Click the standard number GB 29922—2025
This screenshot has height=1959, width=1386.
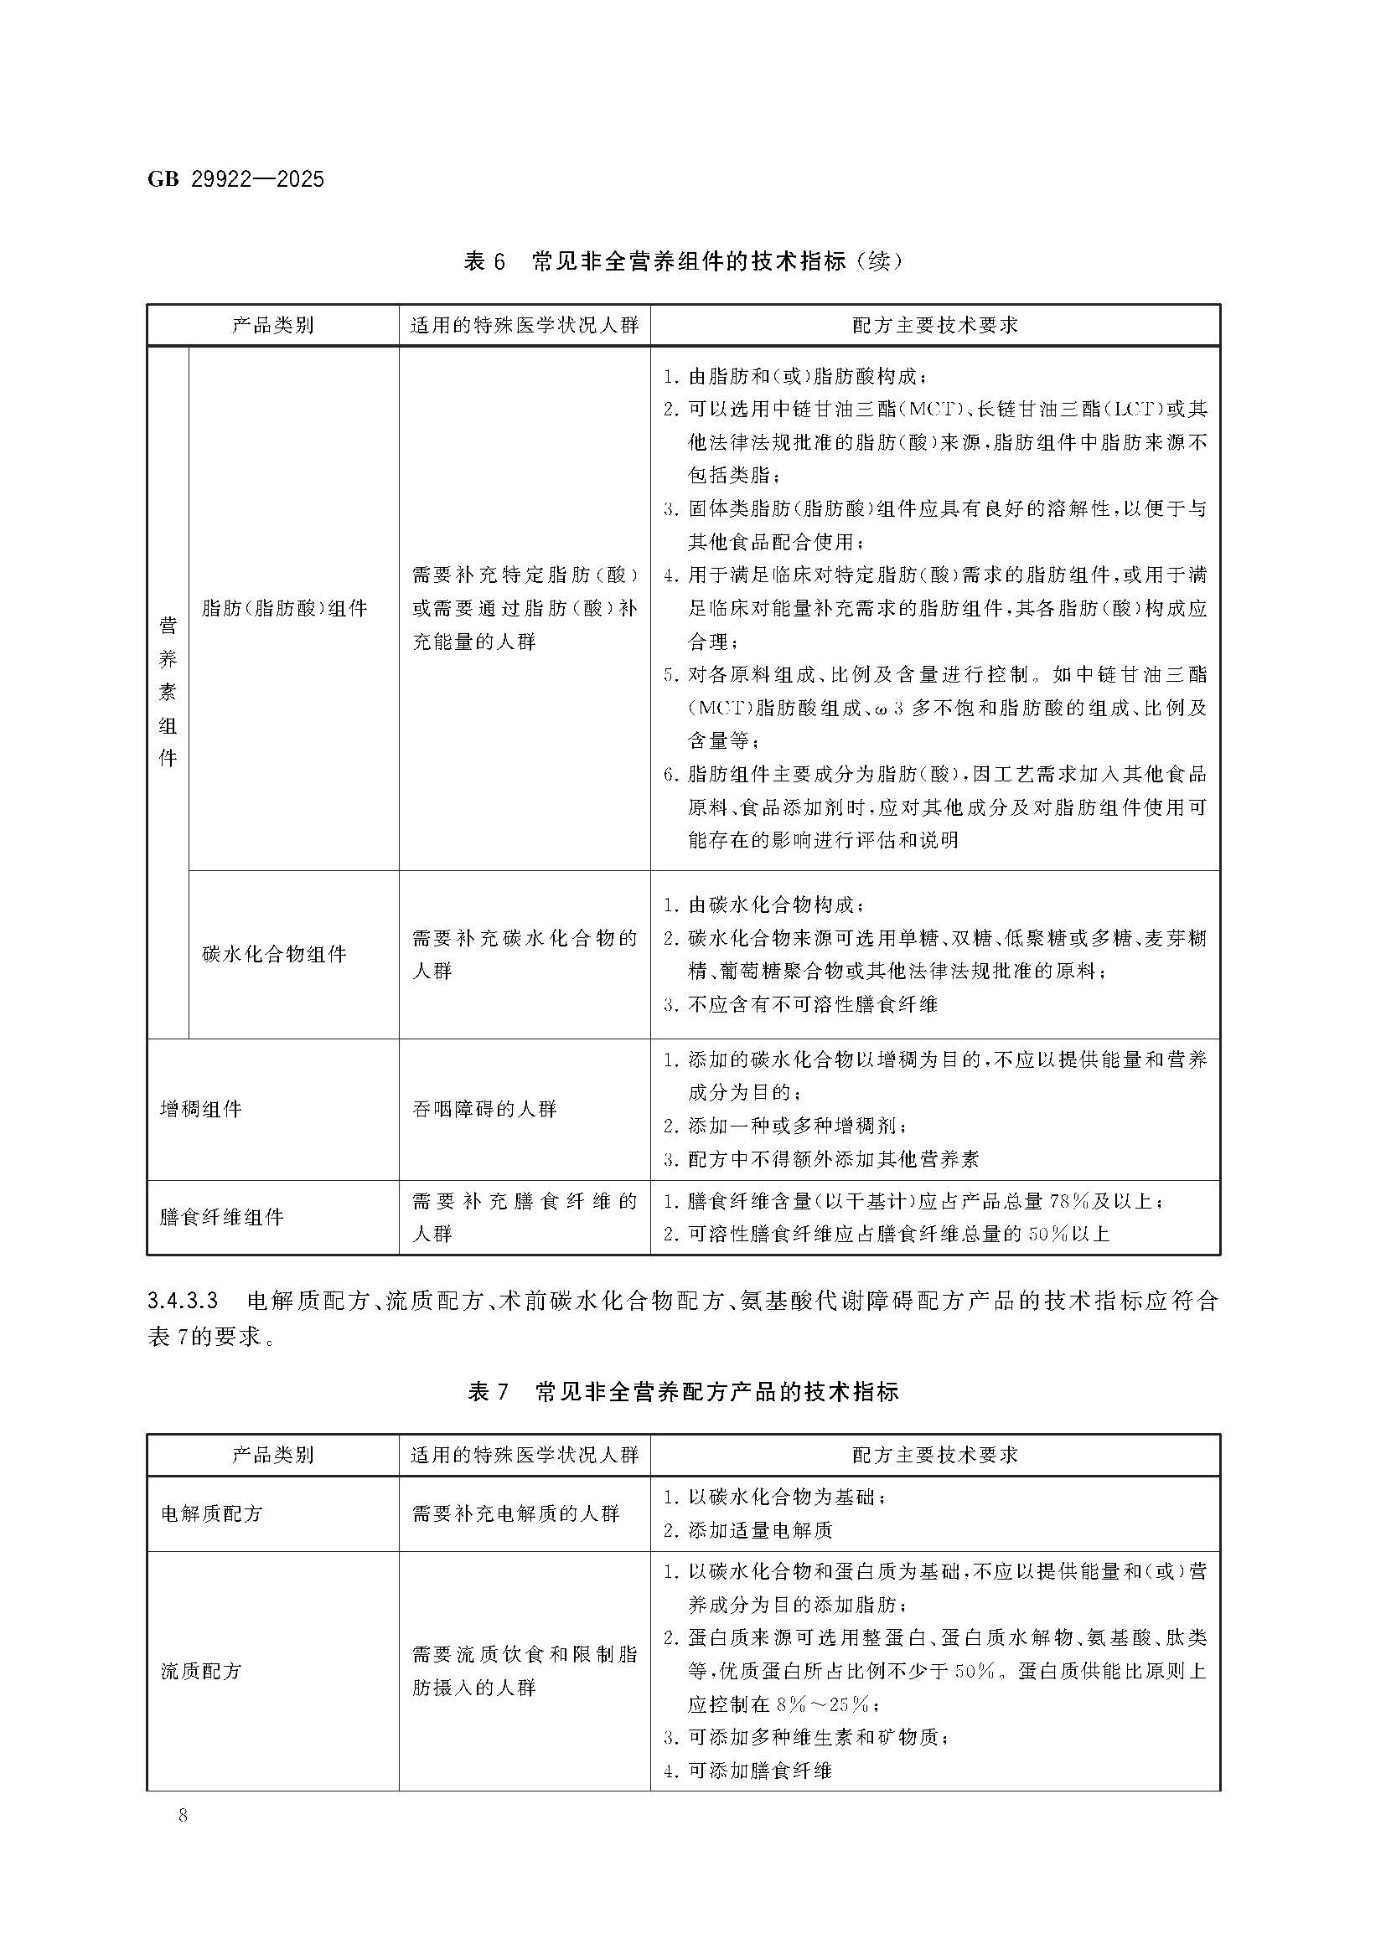pos(235,179)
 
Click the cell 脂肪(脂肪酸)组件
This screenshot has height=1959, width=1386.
pos(284,608)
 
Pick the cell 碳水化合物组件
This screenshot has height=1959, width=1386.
pos(274,954)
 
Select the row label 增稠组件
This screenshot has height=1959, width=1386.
pos(201,1109)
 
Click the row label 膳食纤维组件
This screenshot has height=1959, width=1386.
pos(222,1217)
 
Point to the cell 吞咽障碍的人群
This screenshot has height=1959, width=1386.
pos(484,1109)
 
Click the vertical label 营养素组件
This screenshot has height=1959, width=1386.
pos(168,691)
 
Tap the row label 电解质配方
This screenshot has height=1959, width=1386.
pos(212,1513)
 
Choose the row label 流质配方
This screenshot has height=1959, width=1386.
pos(201,1671)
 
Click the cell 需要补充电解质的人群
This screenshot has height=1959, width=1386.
pos(515,1513)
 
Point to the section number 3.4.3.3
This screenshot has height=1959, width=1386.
pos(184,1301)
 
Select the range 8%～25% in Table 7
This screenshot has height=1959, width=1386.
pos(824,1704)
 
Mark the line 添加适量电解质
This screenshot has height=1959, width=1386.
pos(759,1530)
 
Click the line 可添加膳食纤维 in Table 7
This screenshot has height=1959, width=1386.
pos(759,1771)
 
